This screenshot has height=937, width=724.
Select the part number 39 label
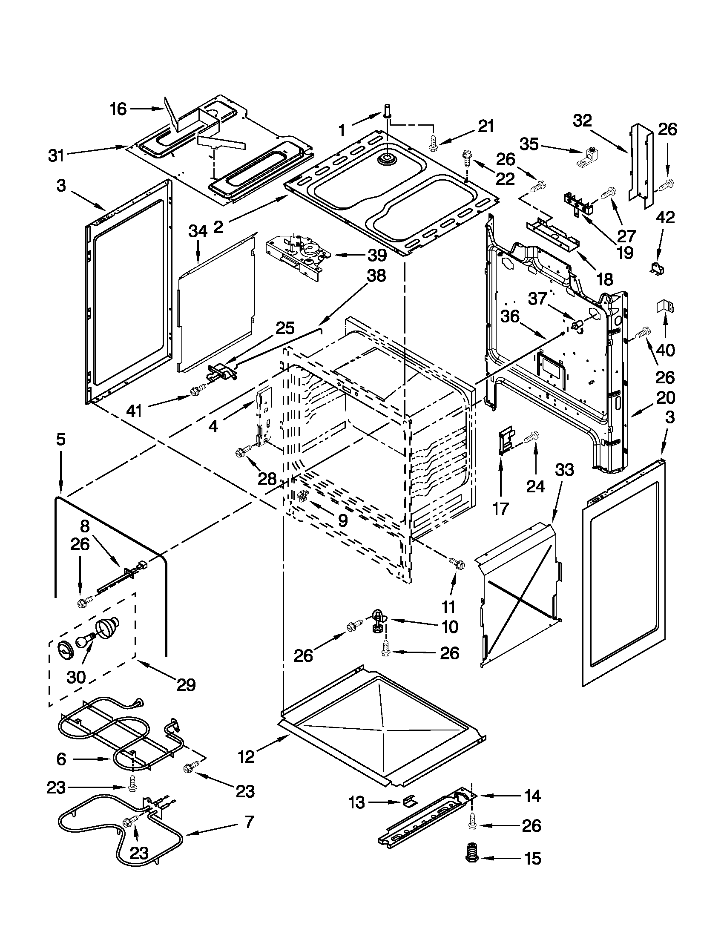(377, 255)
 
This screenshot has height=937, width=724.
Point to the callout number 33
(564, 470)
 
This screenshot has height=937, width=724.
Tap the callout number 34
(198, 232)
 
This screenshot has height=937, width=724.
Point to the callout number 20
(665, 398)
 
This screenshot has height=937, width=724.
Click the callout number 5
(61, 440)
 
